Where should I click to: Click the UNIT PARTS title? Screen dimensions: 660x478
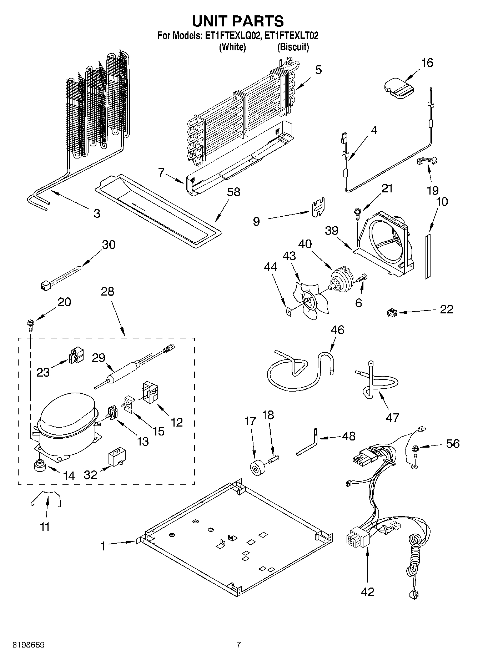click(x=238, y=21)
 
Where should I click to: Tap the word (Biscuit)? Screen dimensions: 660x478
click(x=293, y=47)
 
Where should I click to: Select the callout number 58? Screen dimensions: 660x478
click(x=233, y=192)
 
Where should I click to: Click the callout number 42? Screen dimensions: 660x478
click(x=367, y=592)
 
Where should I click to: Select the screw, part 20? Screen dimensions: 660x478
click(x=30, y=324)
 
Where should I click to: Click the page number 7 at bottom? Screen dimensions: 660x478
click(x=238, y=644)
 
